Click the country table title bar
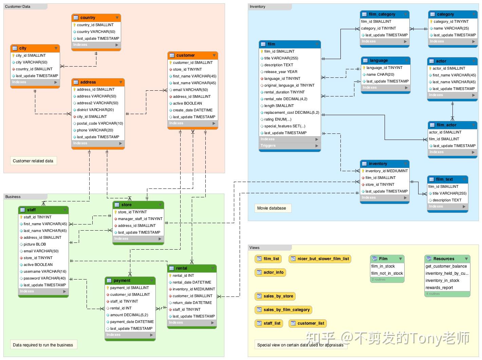[96, 18]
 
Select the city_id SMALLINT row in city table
[31, 55]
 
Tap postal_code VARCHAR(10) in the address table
[100, 123]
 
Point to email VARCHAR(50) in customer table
[190, 90]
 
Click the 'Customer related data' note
[33, 161]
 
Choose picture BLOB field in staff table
[35, 244]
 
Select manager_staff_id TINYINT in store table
[140, 219]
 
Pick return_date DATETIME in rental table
[192, 303]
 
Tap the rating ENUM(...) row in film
[278, 119]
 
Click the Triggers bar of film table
[289, 146]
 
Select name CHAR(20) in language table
[380, 74]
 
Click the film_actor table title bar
[452, 125]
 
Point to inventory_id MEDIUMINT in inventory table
[386, 171]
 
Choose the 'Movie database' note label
[272, 208]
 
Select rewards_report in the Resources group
[439, 288]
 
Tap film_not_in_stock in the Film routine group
[387, 273]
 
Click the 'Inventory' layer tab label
[258, 7]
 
